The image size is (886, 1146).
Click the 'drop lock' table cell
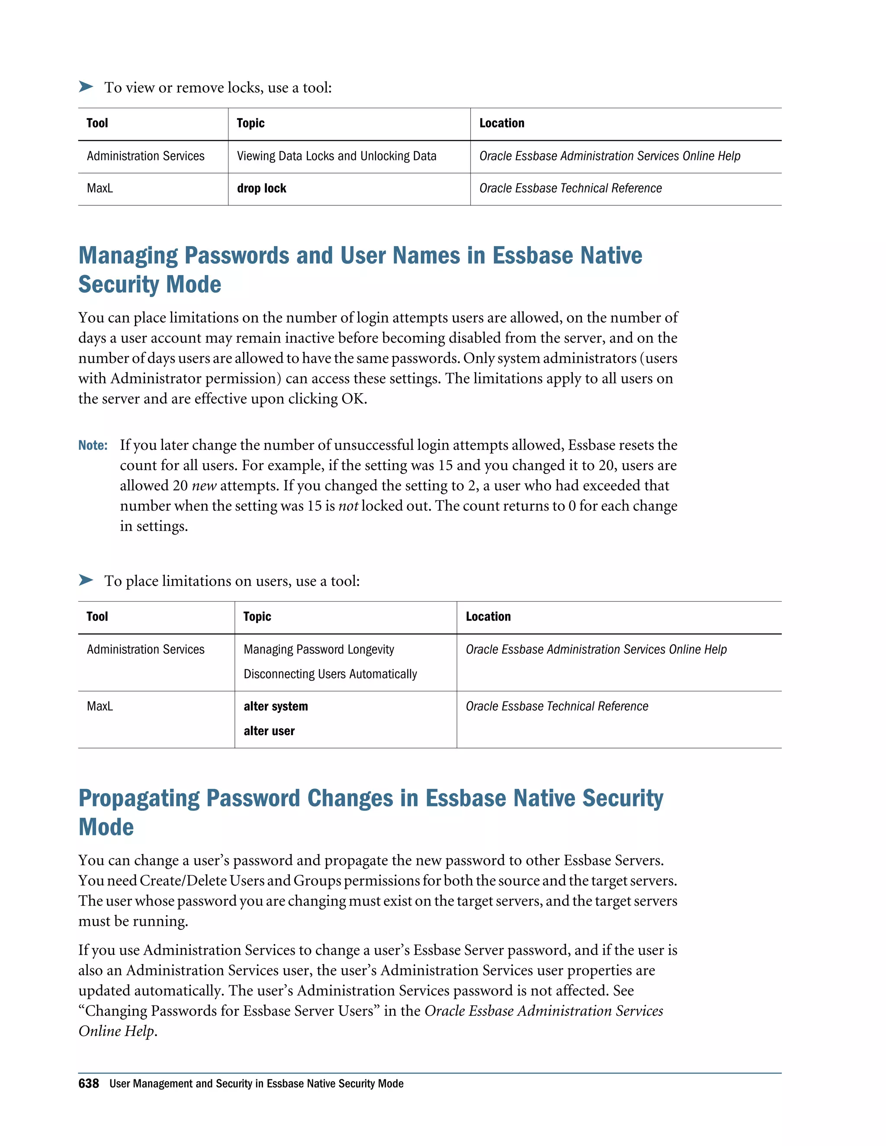[x=261, y=189]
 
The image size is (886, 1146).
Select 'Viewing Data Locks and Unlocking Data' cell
[x=337, y=156]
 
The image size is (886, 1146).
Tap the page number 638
[x=88, y=1084]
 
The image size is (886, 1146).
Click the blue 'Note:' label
[x=93, y=445]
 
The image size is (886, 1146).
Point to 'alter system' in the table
[x=276, y=706]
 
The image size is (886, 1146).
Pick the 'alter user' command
[x=269, y=731]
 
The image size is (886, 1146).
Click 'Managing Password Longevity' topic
[x=318, y=650]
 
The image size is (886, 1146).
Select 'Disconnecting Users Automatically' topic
[x=330, y=674]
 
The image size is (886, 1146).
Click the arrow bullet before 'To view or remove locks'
[x=86, y=86]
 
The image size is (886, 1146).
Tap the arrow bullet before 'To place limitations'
[x=86, y=580]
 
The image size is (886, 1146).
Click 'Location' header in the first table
[x=501, y=123]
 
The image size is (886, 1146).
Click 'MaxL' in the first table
[x=100, y=189]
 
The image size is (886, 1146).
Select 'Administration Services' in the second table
[x=145, y=650]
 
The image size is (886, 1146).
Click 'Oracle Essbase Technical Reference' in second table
[x=556, y=706]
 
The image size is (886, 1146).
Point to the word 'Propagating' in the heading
[x=138, y=799]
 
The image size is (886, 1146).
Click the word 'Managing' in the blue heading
[x=128, y=256]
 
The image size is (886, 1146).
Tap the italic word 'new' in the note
[x=204, y=486]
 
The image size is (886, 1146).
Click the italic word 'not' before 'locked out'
[x=348, y=506]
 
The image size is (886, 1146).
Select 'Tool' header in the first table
[x=97, y=123]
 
